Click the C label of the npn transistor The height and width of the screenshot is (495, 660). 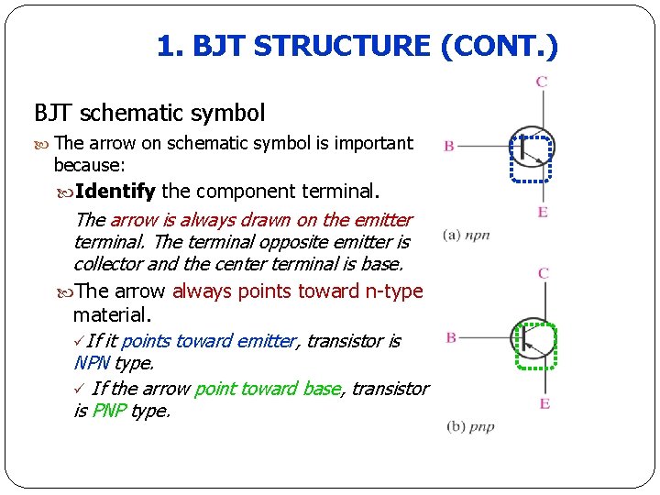point(542,82)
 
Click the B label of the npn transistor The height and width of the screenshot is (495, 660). point(450,146)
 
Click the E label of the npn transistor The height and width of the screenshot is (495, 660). point(544,212)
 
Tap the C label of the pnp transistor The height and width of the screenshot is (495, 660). point(544,273)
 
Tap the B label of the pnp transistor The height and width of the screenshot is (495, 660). point(451,337)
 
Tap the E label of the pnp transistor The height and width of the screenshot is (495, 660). point(544,403)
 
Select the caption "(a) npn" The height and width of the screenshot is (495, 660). point(467,235)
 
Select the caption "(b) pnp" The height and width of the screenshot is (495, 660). point(470,426)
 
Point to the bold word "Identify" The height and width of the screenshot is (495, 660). point(115,192)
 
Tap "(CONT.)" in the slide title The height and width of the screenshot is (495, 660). point(500,46)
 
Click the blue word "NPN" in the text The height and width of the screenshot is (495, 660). point(92,363)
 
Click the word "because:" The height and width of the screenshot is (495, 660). point(90,165)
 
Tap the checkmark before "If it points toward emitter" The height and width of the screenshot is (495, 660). point(79,341)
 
